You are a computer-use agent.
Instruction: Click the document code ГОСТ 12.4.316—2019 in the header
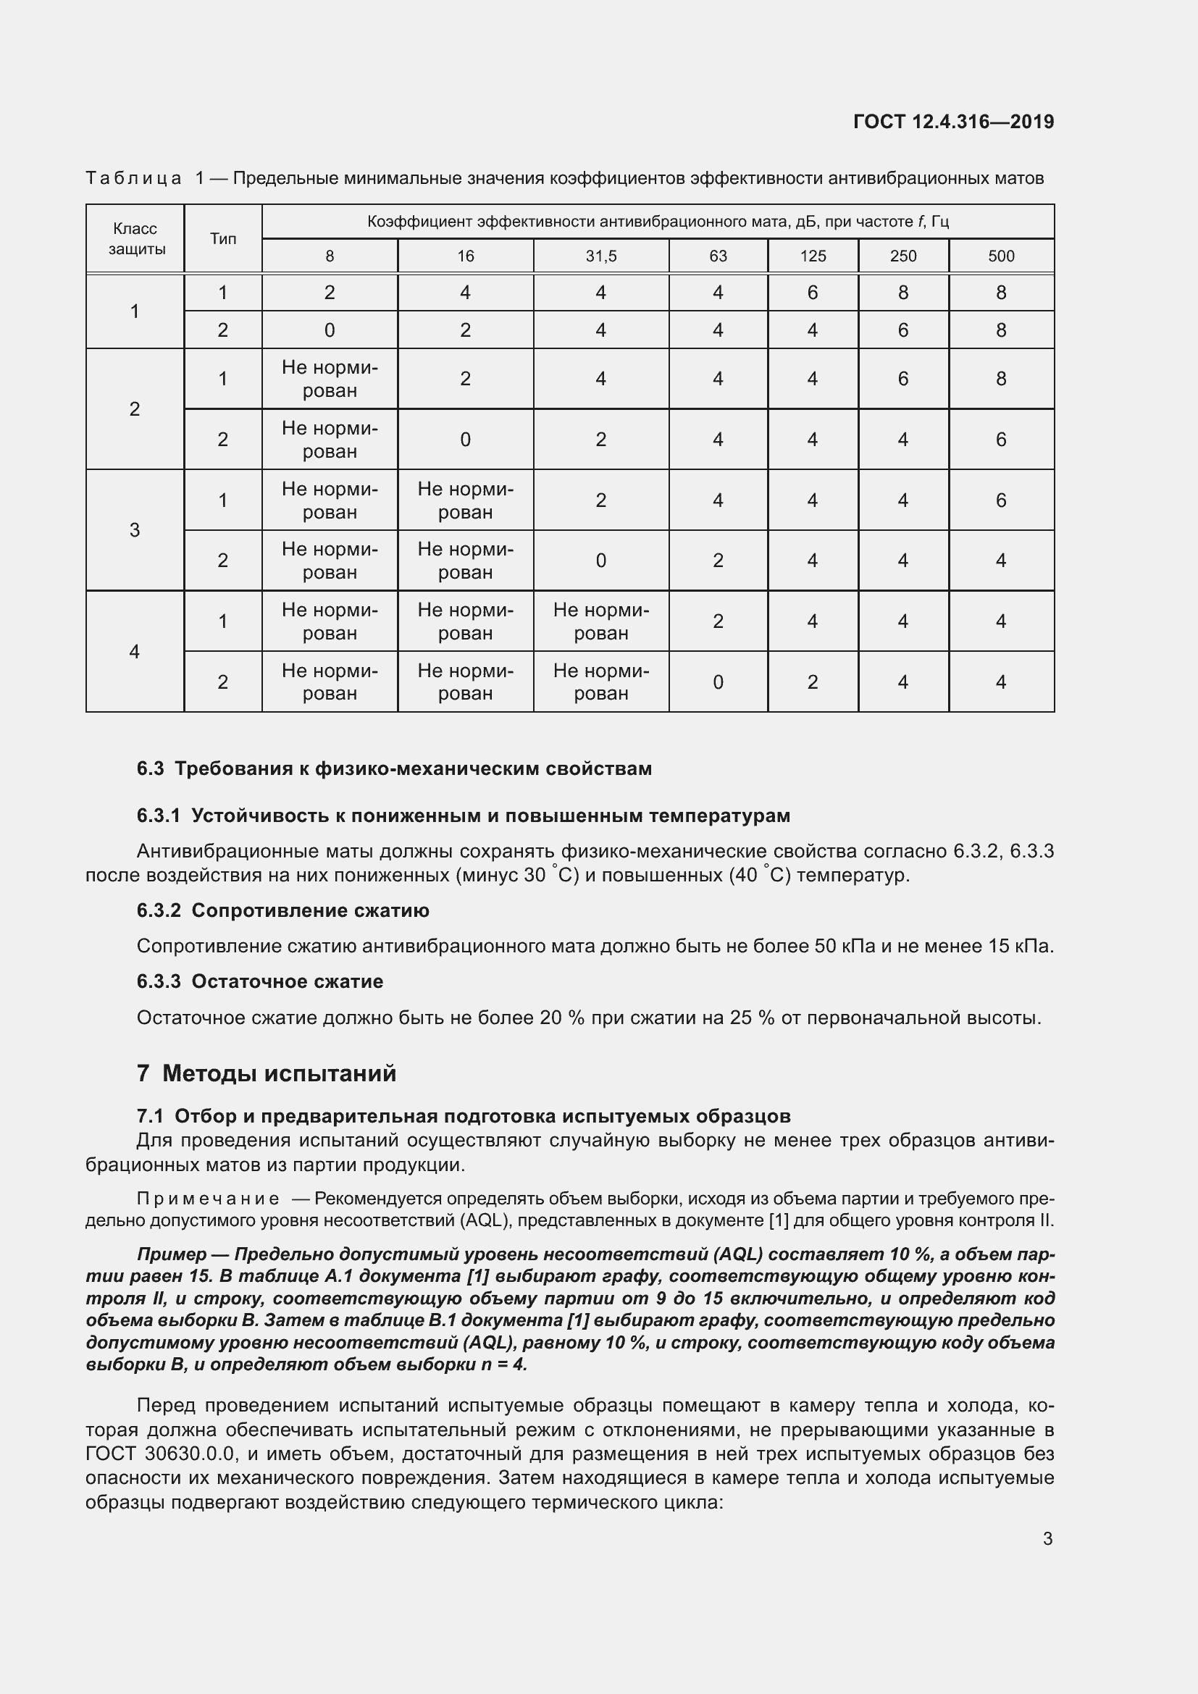tap(953, 122)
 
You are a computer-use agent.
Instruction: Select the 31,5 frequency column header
tap(600, 256)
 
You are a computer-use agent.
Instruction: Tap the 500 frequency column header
tap(1000, 256)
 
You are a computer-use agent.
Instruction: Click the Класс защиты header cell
tap(135, 238)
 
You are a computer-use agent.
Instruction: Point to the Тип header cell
tap(223, 238)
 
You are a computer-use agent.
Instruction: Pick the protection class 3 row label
tap(134, 529)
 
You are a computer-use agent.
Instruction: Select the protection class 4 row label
tap(134, 652)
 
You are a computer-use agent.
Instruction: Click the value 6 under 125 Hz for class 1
tap(812, 293)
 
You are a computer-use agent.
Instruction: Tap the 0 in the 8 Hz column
tap(329, 330)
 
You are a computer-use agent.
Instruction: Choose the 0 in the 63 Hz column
tap(718, 682)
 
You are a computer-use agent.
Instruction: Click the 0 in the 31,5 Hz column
tap(600, 561)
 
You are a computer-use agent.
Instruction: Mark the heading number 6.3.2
tap(159, 910)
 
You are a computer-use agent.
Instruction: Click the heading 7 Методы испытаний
tap(267, 1073)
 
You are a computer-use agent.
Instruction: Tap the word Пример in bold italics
tap(172, 1255)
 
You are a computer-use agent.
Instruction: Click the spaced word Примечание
tap(208, 1199)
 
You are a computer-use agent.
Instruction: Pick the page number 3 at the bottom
tap(1047, 1539)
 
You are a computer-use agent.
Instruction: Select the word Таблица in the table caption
tap(133, 178)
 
